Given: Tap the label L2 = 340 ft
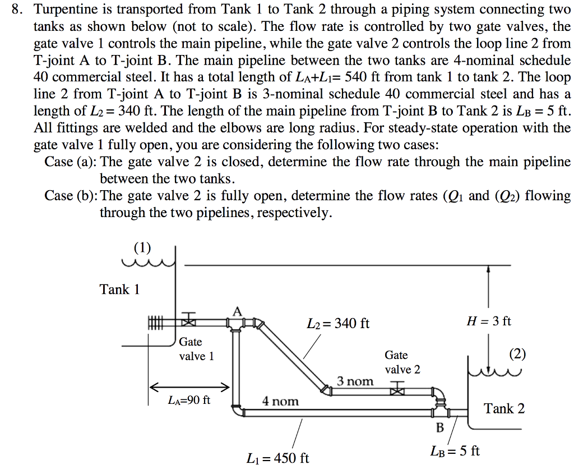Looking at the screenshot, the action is point(338,324).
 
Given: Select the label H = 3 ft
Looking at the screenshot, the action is point(489,321).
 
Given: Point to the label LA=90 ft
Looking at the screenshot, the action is point(189,401).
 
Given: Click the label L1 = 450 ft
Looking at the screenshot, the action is point(277,458).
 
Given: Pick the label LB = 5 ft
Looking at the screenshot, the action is point(455,451).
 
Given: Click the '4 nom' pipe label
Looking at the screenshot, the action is point(280,401).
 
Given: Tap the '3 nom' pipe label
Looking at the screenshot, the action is point(355,381).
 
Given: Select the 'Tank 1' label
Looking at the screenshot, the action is point(119,289).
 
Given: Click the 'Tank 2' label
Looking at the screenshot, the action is point(504,408).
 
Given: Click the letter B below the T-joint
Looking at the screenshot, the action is point(440,428).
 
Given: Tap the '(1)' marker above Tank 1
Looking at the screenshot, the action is point(142,247).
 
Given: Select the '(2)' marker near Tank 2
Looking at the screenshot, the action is point(517,355).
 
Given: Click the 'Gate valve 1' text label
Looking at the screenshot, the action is point(196,349).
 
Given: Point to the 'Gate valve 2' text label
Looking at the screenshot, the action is point(402,362).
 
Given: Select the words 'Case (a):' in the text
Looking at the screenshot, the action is point(71,162).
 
